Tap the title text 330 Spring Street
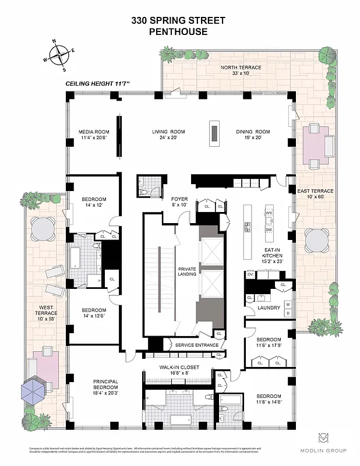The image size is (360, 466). coord(178,20)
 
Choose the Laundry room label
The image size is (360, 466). coord(269,308)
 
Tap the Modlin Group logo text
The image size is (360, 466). coord(331,450)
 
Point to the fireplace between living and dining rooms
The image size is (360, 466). coord(214,134)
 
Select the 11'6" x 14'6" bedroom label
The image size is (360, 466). coord(269,399)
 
